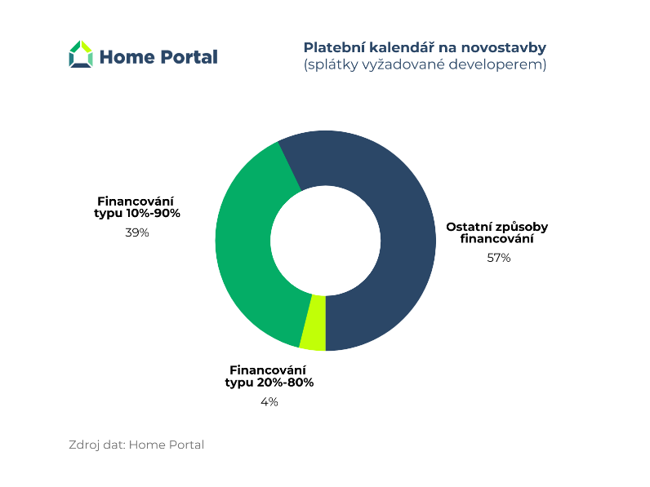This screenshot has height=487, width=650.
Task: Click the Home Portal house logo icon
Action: (x=81, y=54)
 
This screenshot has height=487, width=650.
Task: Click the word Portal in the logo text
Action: (x=188, y=57)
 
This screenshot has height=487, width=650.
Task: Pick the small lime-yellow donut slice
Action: (x=314, y=323)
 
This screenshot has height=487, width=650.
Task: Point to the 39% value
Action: (x=137, y=232)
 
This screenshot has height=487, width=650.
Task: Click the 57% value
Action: (x=499, y=258)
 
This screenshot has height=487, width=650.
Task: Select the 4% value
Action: (x=269, y=401)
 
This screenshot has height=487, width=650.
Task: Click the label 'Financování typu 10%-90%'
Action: (x=137, y=207)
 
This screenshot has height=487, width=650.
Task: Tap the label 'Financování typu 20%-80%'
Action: (x=269, y=376)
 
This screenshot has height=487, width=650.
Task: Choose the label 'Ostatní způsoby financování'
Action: (x=497, y=232)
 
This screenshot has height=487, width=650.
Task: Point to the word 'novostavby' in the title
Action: (x=504, y=48)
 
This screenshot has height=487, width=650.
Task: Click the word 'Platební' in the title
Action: (x=334, y=47)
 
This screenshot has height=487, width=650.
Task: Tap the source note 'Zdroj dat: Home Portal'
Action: (x=136, y=445)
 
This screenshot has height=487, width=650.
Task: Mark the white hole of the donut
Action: (x=326, y=241)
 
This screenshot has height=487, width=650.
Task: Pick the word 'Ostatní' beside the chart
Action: (x=469, y=227)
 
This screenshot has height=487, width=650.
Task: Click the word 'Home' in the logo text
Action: (x=127, y=57)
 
